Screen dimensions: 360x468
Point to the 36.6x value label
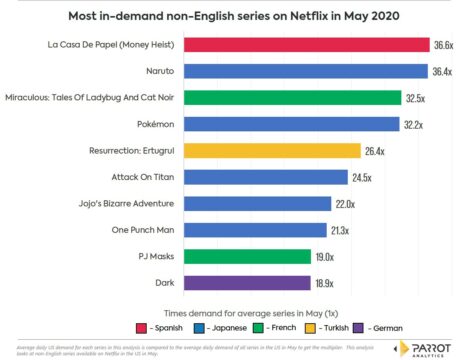[x=442, y=45]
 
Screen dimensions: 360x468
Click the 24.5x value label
[x=359, y=177]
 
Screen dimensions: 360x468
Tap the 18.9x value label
[x=326, y=282]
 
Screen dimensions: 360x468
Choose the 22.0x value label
[x=345, y=203]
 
